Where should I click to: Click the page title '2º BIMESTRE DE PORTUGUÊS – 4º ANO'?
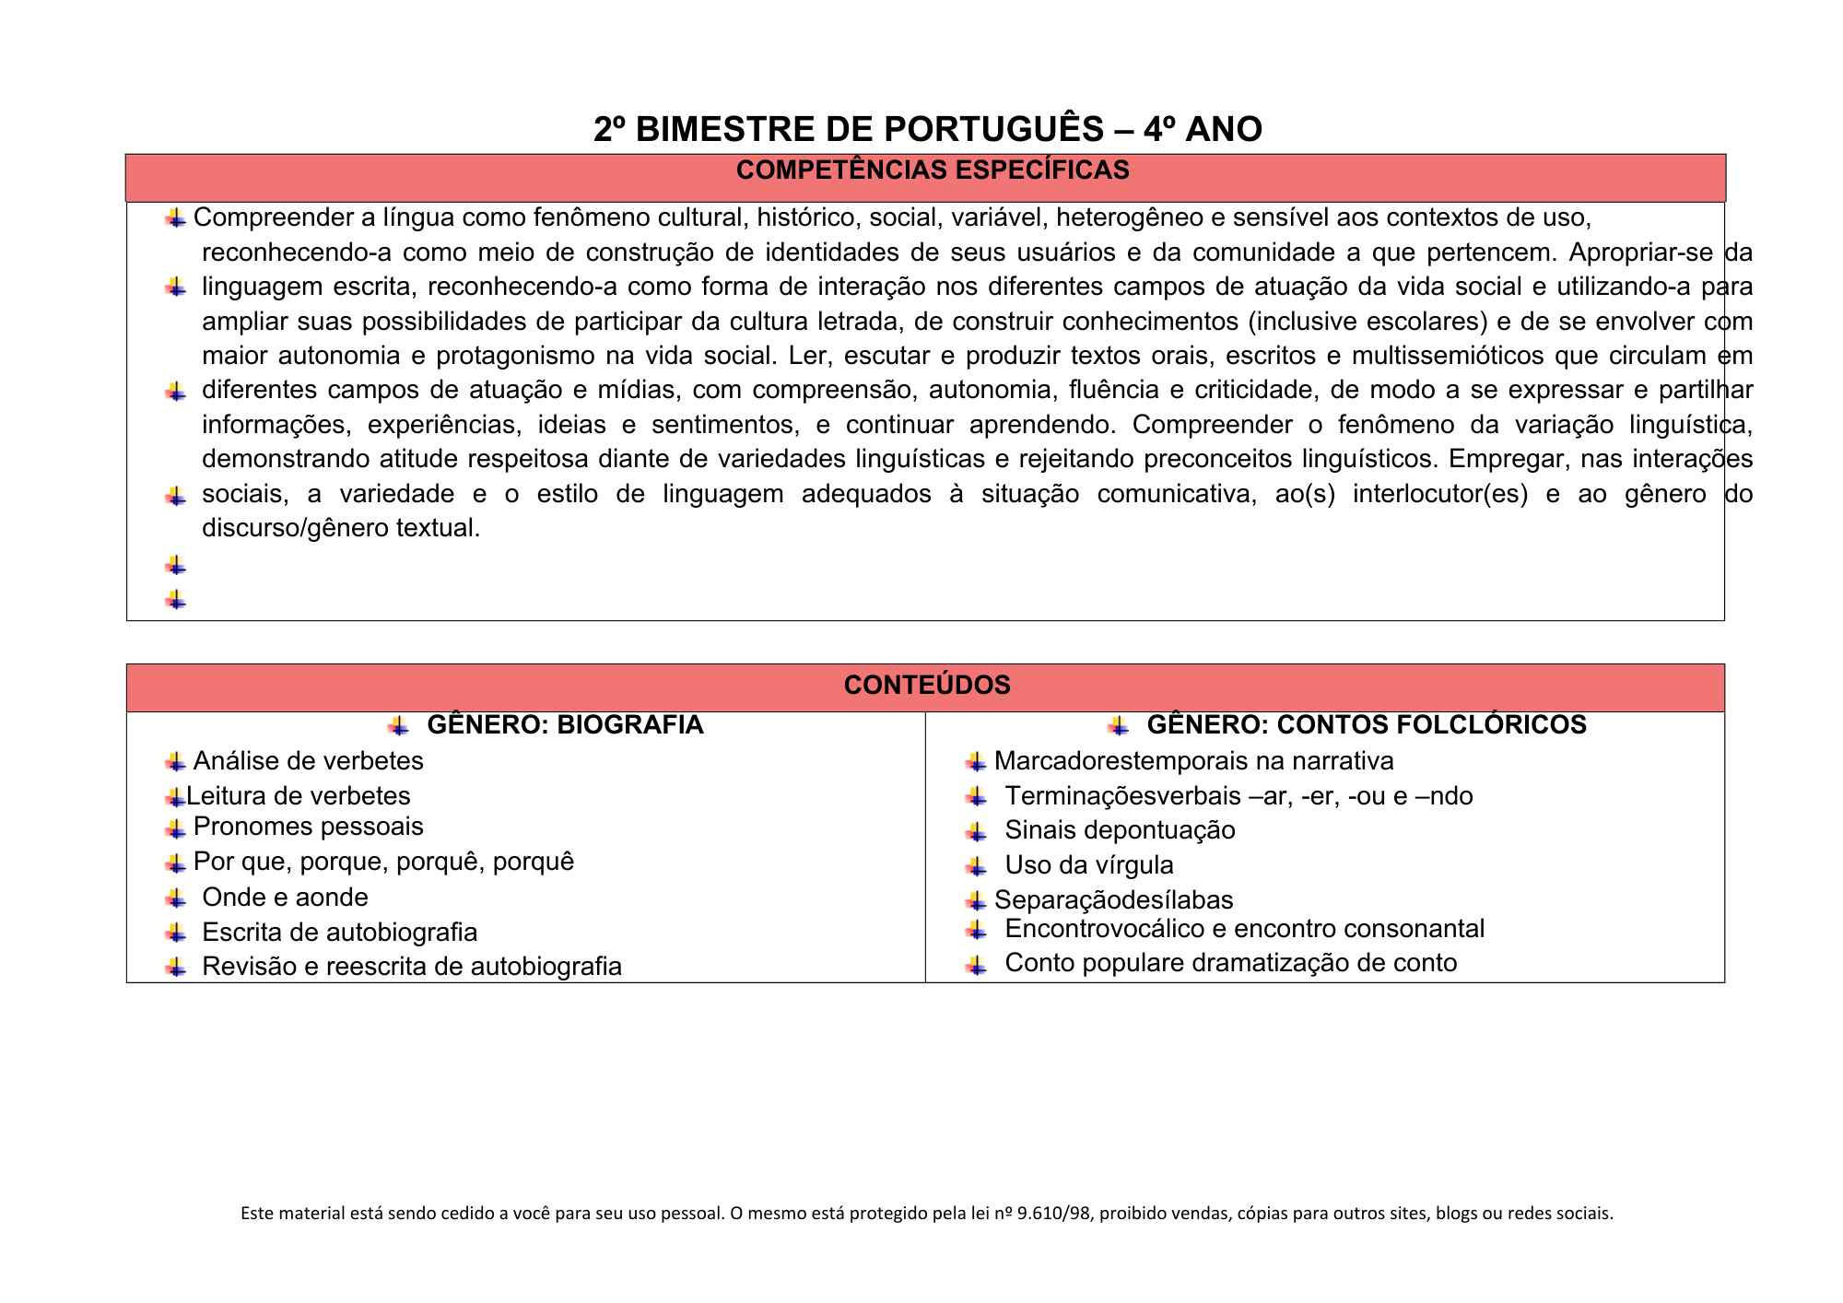(927, 130)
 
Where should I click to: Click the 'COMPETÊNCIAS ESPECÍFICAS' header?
(933, 170)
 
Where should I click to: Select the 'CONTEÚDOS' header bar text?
(927, 685)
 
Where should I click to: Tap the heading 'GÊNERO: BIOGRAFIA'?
(565, 725)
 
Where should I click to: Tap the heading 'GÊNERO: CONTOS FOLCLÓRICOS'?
(1367, 725)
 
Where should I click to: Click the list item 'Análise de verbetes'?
(308, 761)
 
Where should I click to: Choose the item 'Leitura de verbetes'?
(298, 796)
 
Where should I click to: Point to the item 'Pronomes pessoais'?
(308, 827)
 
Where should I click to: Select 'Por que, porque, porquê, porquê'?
(383, 862)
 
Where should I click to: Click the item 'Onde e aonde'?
(285, 898)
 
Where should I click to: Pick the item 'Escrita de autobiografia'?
(339, 933)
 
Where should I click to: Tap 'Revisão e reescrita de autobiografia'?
(412, 967)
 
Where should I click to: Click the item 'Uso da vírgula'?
(1089, 865)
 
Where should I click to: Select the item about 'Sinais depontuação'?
(1120, 830)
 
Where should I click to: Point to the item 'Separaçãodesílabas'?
(1113, 900)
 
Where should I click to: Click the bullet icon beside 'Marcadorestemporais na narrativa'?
(976, 762)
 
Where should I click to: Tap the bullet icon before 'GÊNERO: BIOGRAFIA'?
(398, 726)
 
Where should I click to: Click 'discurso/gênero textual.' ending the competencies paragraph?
(341, 529)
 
